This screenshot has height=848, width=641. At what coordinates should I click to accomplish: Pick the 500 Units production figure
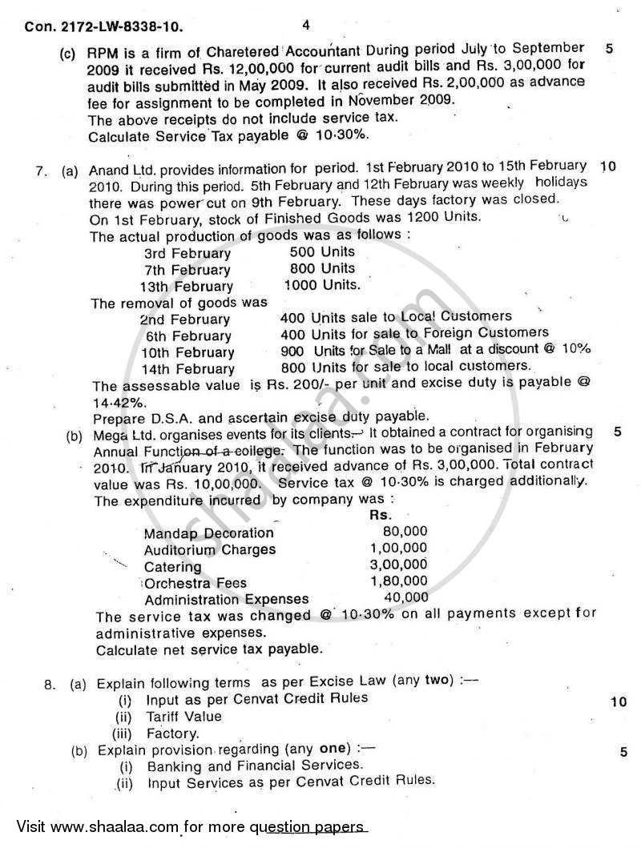pyautogui.click(x=321, y=251)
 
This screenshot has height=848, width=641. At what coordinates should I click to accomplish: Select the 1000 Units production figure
pyautogui.click(x=322, y=285)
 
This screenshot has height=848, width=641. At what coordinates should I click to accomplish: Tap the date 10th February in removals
pyautogui.click(x=189, y=353)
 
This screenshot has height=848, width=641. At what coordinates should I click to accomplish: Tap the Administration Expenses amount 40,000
pyautogui.click(x=406, y=598)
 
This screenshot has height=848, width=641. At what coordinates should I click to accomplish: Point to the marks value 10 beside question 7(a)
pyautogui.click(x=607, y=167)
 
